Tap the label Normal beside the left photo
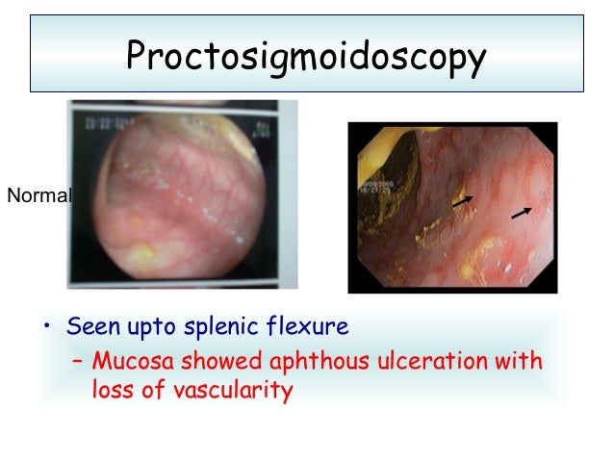pyautogui.click(x=38, y=197)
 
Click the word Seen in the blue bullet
pyautogui.click(x=90, y=326)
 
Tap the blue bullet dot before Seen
pyautogui.click(x=44, y=328)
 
